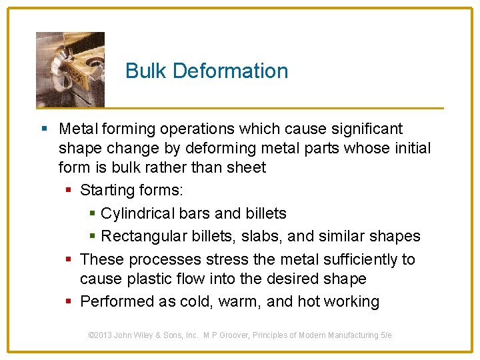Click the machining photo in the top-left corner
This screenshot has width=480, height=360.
[x=70, y=69]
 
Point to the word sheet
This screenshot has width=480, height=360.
[x=246, y=167]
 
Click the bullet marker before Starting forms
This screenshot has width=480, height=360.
[x=69, y=191]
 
